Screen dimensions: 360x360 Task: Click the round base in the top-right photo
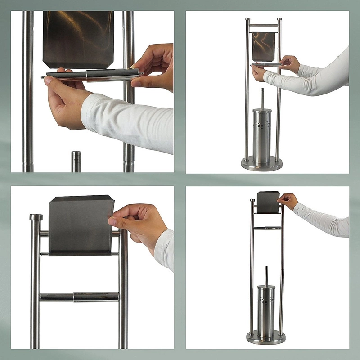tap(262, 164)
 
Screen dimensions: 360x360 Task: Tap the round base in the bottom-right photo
tap(265, 337)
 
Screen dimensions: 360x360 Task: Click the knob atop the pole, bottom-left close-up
tap(36, 217)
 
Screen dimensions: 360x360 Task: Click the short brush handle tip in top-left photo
tap(76, 161)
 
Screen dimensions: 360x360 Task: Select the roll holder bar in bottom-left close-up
tap(79, 297)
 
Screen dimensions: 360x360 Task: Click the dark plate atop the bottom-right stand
tap(268, 202)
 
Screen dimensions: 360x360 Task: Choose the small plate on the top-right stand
tap(263, 46)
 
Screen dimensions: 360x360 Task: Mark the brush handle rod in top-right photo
tap(262, 98)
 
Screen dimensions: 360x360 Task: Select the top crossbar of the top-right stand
tap(263, 25)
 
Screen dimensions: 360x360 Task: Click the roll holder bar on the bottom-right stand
tap(267, 228)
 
